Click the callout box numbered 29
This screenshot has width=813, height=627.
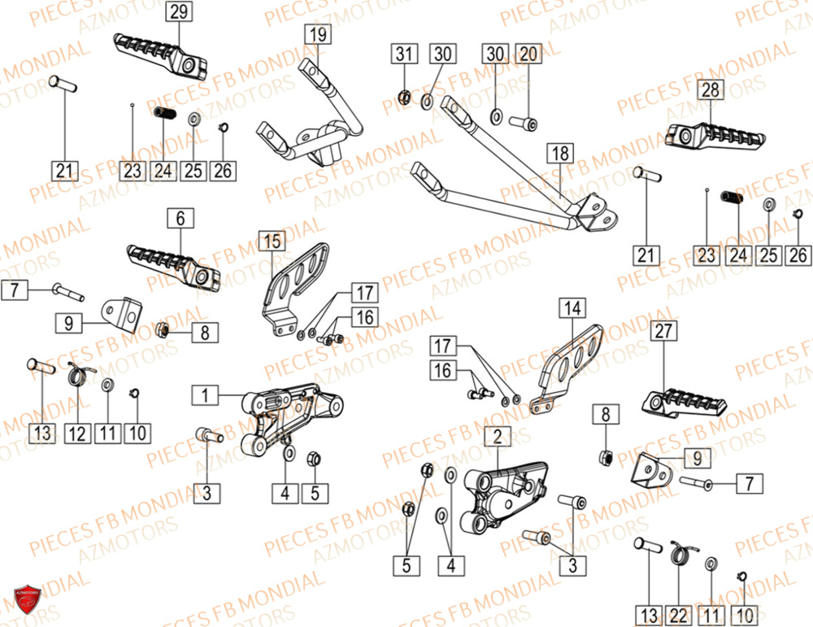click(x=180, y=11)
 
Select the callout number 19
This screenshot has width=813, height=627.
click(x=317, y=34)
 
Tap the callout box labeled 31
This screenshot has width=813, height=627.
click(x=404, y=54)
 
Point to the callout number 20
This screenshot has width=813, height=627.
click(x=528, y=54)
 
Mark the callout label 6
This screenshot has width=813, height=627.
click(x=180, y=218)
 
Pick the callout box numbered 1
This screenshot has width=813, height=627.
click(x=206, y=396)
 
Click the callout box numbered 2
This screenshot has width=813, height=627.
click(x=494, y=437)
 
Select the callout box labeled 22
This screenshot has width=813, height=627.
click(x=681, y=614)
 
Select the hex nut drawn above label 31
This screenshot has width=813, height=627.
click(x=403, y=99)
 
